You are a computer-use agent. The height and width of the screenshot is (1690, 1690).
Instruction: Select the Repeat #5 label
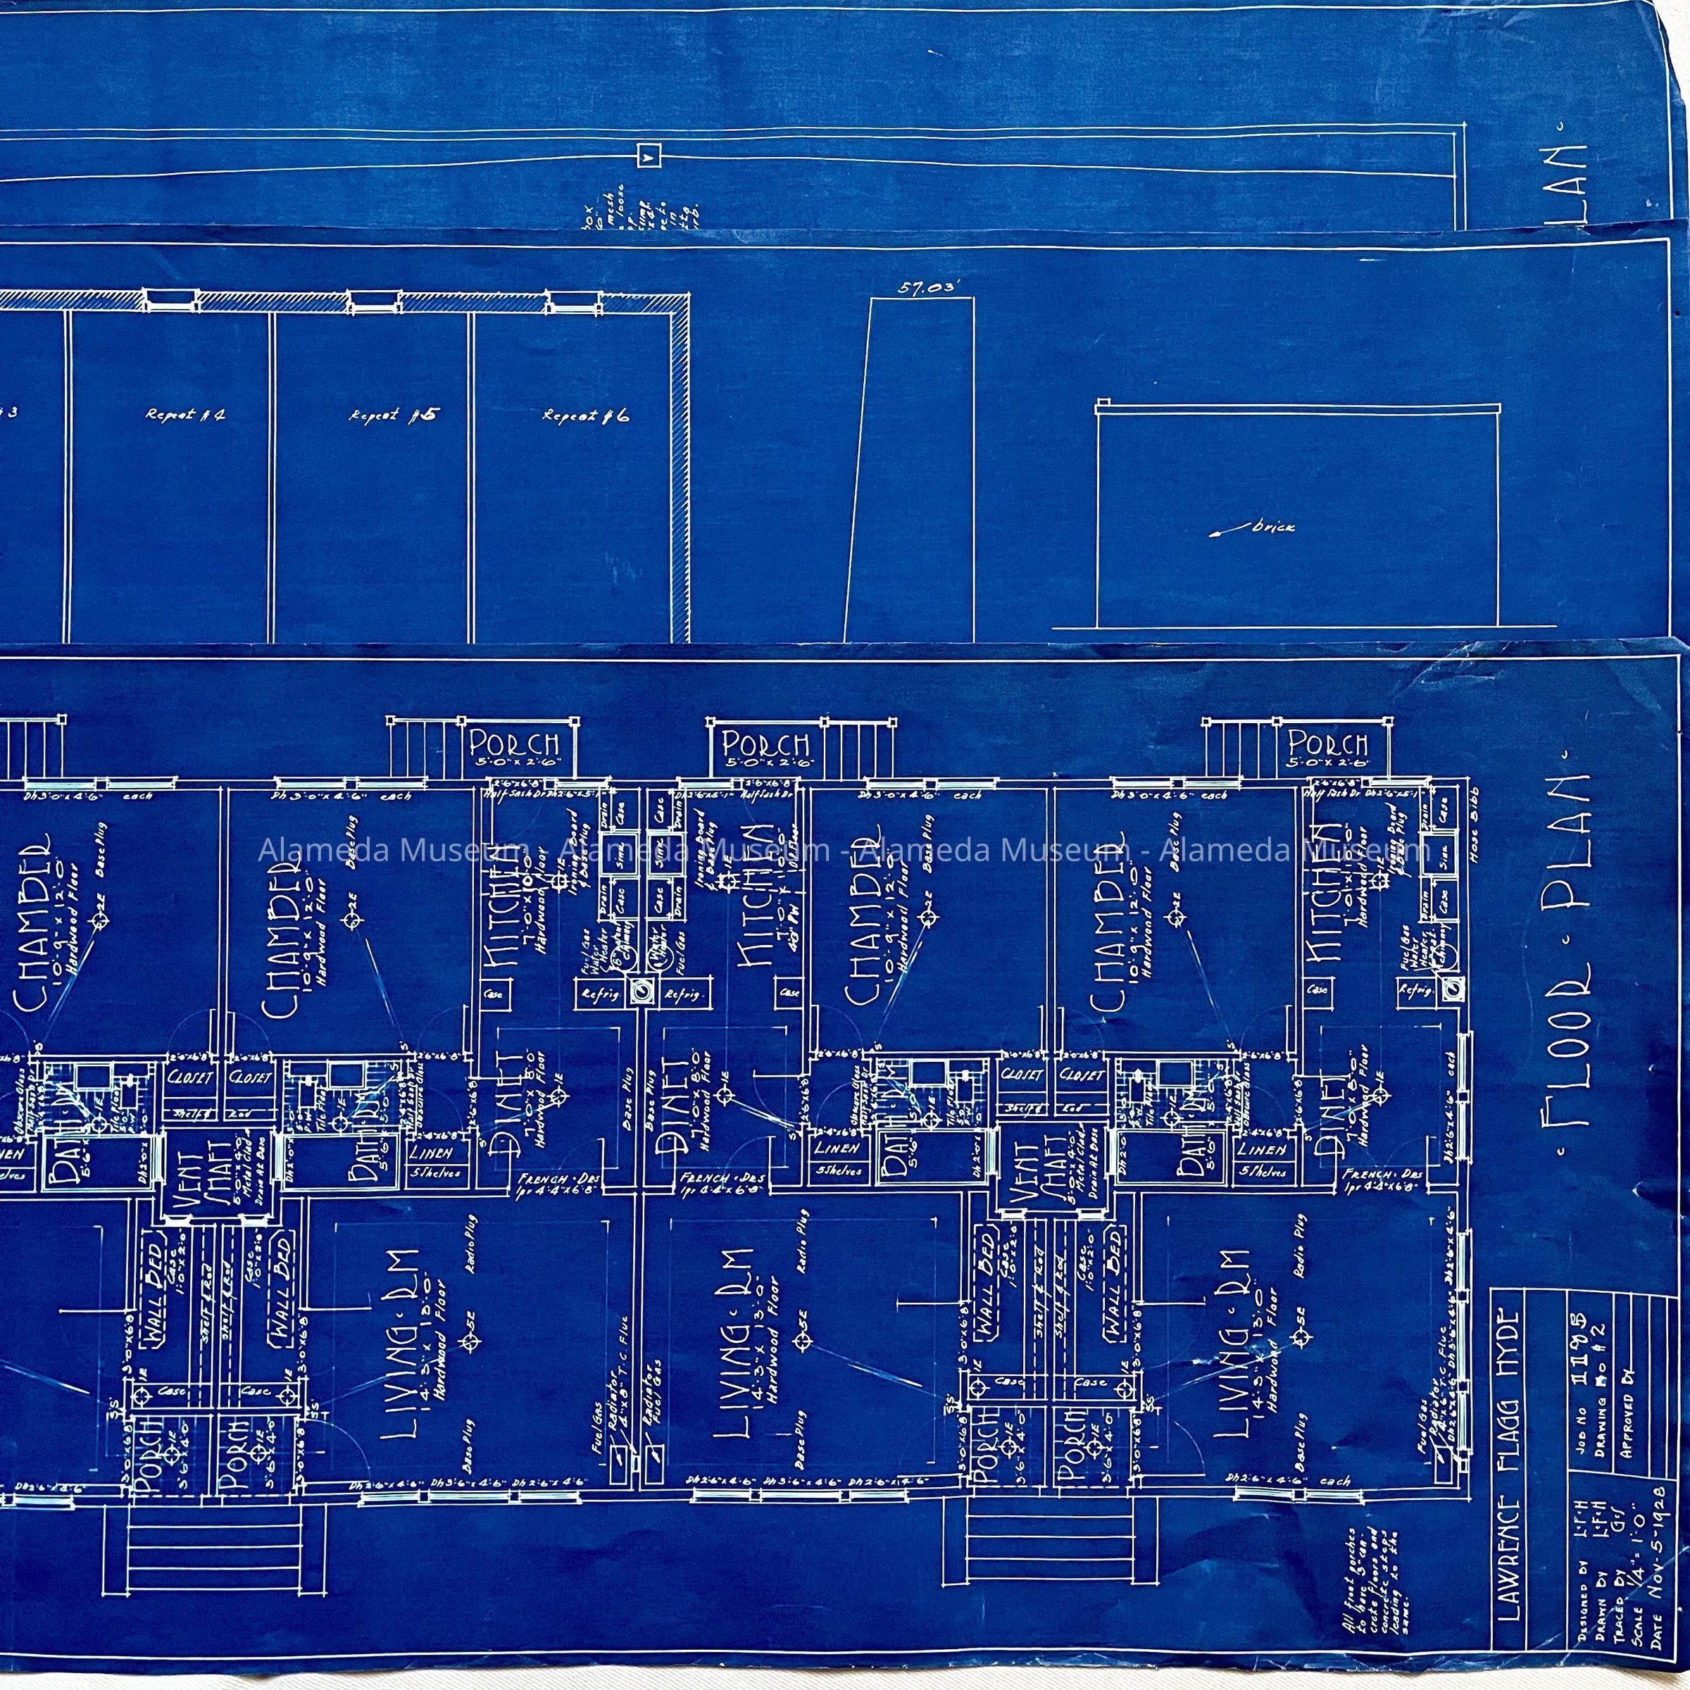click(392, 415)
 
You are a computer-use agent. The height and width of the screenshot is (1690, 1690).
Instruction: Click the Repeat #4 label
click(184, 415)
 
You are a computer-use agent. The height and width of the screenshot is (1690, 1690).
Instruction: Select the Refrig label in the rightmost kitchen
click(1409, 991)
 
